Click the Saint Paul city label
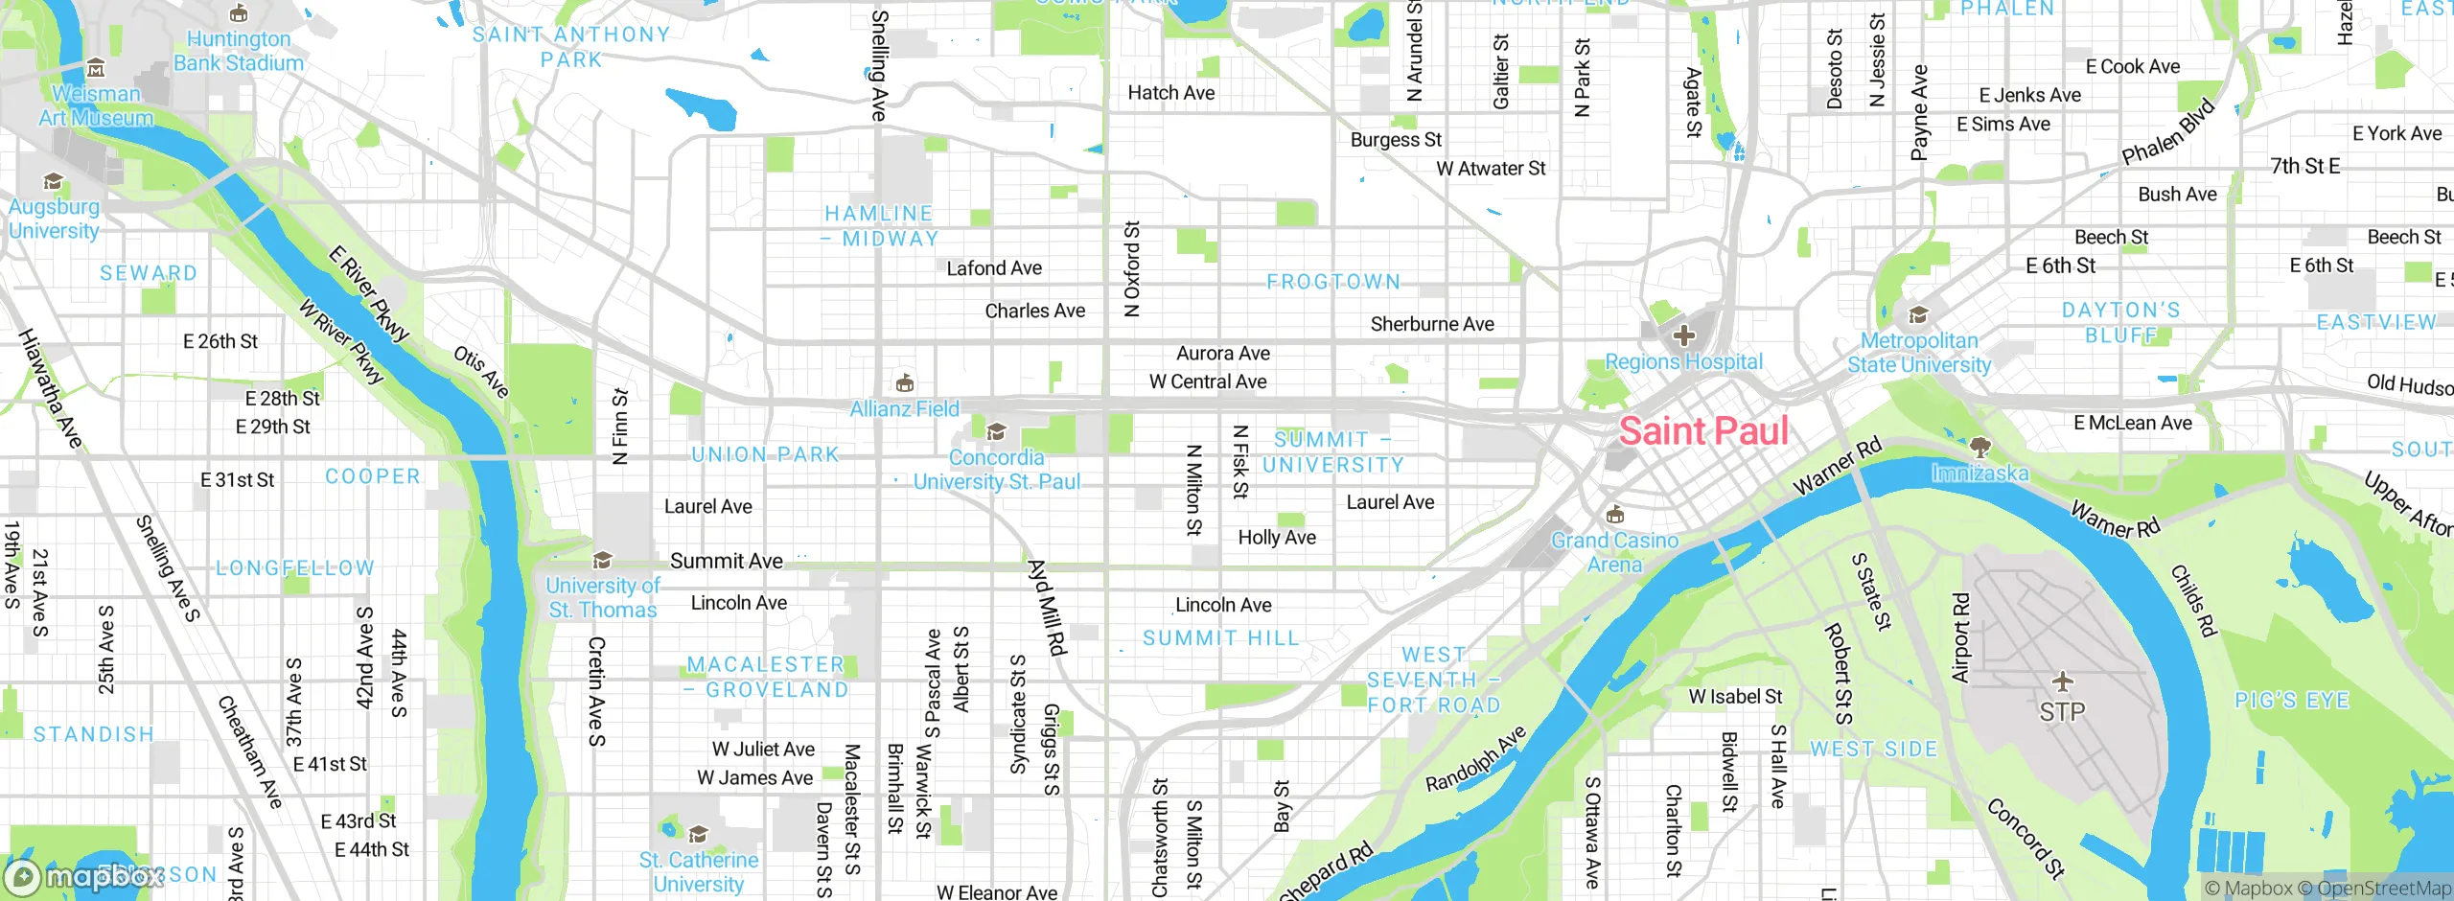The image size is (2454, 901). pyautogui.click(x=1703, y=431)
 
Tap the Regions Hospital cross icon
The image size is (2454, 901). pyautogui.click(x=1684, y=335)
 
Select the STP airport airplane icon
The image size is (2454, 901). pyautogui.click(x=2063, y=682)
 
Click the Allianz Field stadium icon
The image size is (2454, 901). pyautogui.click(x=904, y=383)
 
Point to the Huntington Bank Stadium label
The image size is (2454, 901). pyautogui.click(x=239, y=51)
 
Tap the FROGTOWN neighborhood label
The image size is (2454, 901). pyautogui.click(x=1333, y=282)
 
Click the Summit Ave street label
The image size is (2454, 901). pyautogui.click(x=726, y=561)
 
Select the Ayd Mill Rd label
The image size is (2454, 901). pyautogui.click(x=1047, y=608)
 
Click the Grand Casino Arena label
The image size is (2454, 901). pyautogui.click(x=1614, y=553)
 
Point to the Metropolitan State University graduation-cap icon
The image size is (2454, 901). pyautogui.click(x=1918, y=315)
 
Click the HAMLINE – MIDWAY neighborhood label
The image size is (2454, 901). pyautogui.click(x=880, y=226)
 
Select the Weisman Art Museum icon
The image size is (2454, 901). pyautogui.click(x=96, y=68)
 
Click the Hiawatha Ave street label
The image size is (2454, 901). pyautogui.click(x=50, y=388)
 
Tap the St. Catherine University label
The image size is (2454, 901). pyautogui.click(x=699, y=872)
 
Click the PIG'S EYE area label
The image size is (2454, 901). pyautogui.click(x=2292, y=701)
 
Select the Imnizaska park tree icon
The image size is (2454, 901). pyautogui.click(x=1979, y=447)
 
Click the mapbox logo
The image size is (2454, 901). pyautogui.click(x=84, y=876)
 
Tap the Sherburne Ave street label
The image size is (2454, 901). pyautogui.click(x=1432, y=324)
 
